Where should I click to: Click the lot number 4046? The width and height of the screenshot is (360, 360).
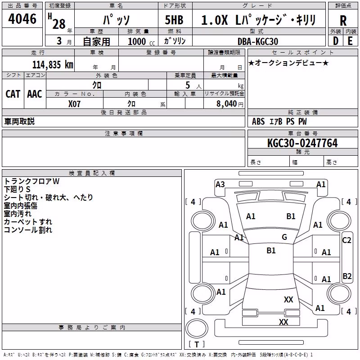22,19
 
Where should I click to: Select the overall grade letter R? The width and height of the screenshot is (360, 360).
343,21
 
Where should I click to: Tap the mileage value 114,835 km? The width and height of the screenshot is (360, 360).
53,65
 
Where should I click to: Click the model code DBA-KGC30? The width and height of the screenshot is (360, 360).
258,41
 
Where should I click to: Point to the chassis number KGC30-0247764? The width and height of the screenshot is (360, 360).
302,143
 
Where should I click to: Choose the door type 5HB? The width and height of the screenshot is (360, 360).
174,20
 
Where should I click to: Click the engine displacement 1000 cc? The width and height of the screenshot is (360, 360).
141,41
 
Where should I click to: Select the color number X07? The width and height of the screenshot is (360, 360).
74,104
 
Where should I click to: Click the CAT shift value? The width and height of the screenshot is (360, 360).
13,94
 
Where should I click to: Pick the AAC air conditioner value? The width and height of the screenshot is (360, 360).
35,94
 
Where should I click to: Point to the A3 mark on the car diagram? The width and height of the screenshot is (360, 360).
220,184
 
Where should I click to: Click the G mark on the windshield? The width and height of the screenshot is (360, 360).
284,237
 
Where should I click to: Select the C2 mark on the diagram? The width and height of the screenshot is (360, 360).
346,240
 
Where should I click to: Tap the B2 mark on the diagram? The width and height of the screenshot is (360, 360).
347,276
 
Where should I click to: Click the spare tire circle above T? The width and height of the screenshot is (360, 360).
197,328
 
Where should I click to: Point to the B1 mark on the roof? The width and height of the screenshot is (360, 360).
271,251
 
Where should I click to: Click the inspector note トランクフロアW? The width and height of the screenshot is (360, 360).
31,181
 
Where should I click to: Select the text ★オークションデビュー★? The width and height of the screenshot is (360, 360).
288,63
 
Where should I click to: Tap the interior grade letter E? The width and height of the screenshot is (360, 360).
350,41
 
